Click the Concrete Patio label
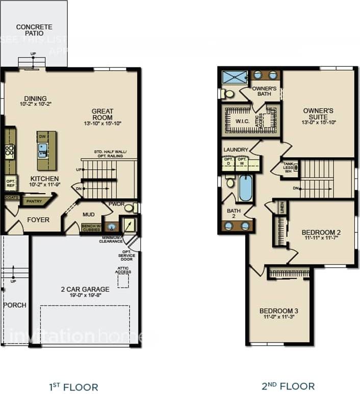pyautogui.click(x=34, y=30)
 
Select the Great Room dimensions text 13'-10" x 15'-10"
pyautogui.click(x=102, y=123)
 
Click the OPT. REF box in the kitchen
pyautogui.click(x=10, y=183)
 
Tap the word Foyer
pyautogui.click(x=38, y=220)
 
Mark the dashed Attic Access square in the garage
pyautogui.click(x=123, y=281)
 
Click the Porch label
pyautogui.click(x=14, y=305)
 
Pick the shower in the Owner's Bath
pyautogui.click(x=235, y=77)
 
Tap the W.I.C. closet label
pyautogui.click(x=242, y=121)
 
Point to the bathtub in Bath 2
pyautogui.click(x=245, y=188)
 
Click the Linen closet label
pyautogui.click(x=281, y=207)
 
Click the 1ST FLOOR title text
pyautogui.click(x=73, y=386)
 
